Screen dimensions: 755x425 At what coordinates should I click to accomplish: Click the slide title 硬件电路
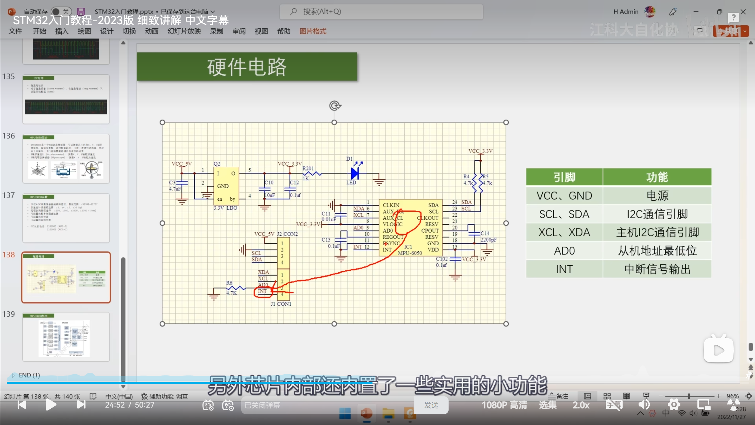pyautogui.click(x=247, y=67)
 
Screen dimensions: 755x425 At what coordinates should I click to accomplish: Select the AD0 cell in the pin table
pyautogui.click(x=564, y=251)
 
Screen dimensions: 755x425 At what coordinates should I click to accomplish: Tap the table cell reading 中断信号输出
pyautogui.click(x=657, y=269)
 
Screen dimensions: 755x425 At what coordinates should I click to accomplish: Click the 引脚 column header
pyautogui.click(x=564, y=177)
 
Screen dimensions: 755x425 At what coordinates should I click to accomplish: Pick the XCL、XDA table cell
pyautogui.click(x=564, y=233)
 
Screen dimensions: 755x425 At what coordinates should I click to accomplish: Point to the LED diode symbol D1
pyautogui.click(x=355, y=174)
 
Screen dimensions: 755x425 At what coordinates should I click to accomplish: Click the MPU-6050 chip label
pyautogui.click(x=410, y=253)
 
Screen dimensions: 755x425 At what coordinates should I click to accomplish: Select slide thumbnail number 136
pyautogui.click(x=66, y=158)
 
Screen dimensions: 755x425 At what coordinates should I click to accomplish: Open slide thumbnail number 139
pyautogui.click(x=66, y=337)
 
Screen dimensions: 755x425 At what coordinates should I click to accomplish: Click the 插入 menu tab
pyautogui.click(x=62, y=31)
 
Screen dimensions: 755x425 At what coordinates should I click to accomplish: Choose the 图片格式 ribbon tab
pyautogui.click(x=313, y=31)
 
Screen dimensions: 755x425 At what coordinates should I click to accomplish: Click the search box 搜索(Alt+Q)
pyautogui.click(x=381, y=12)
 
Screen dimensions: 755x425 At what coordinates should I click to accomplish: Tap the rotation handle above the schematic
pyautogui.click(x=335, y=105)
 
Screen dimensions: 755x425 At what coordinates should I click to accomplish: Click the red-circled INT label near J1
pyautogui.click(x=262, y=292)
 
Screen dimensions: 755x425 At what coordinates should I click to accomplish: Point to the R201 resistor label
pyautogui.click(x=308, y=169)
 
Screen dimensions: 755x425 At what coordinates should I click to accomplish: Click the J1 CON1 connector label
pyautogui.click(x=281, y=304)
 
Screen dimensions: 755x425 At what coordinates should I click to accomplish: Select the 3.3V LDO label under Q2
pyautogui.click(x=225, y=208)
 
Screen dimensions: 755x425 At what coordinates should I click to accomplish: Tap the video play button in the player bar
pyautogui.click(x=51, y=405)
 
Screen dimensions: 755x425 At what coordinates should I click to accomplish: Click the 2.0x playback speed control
pyautogui.click(x=581, y=405)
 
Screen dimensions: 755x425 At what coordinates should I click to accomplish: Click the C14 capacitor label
pyautogui.click(x=485, y=233)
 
